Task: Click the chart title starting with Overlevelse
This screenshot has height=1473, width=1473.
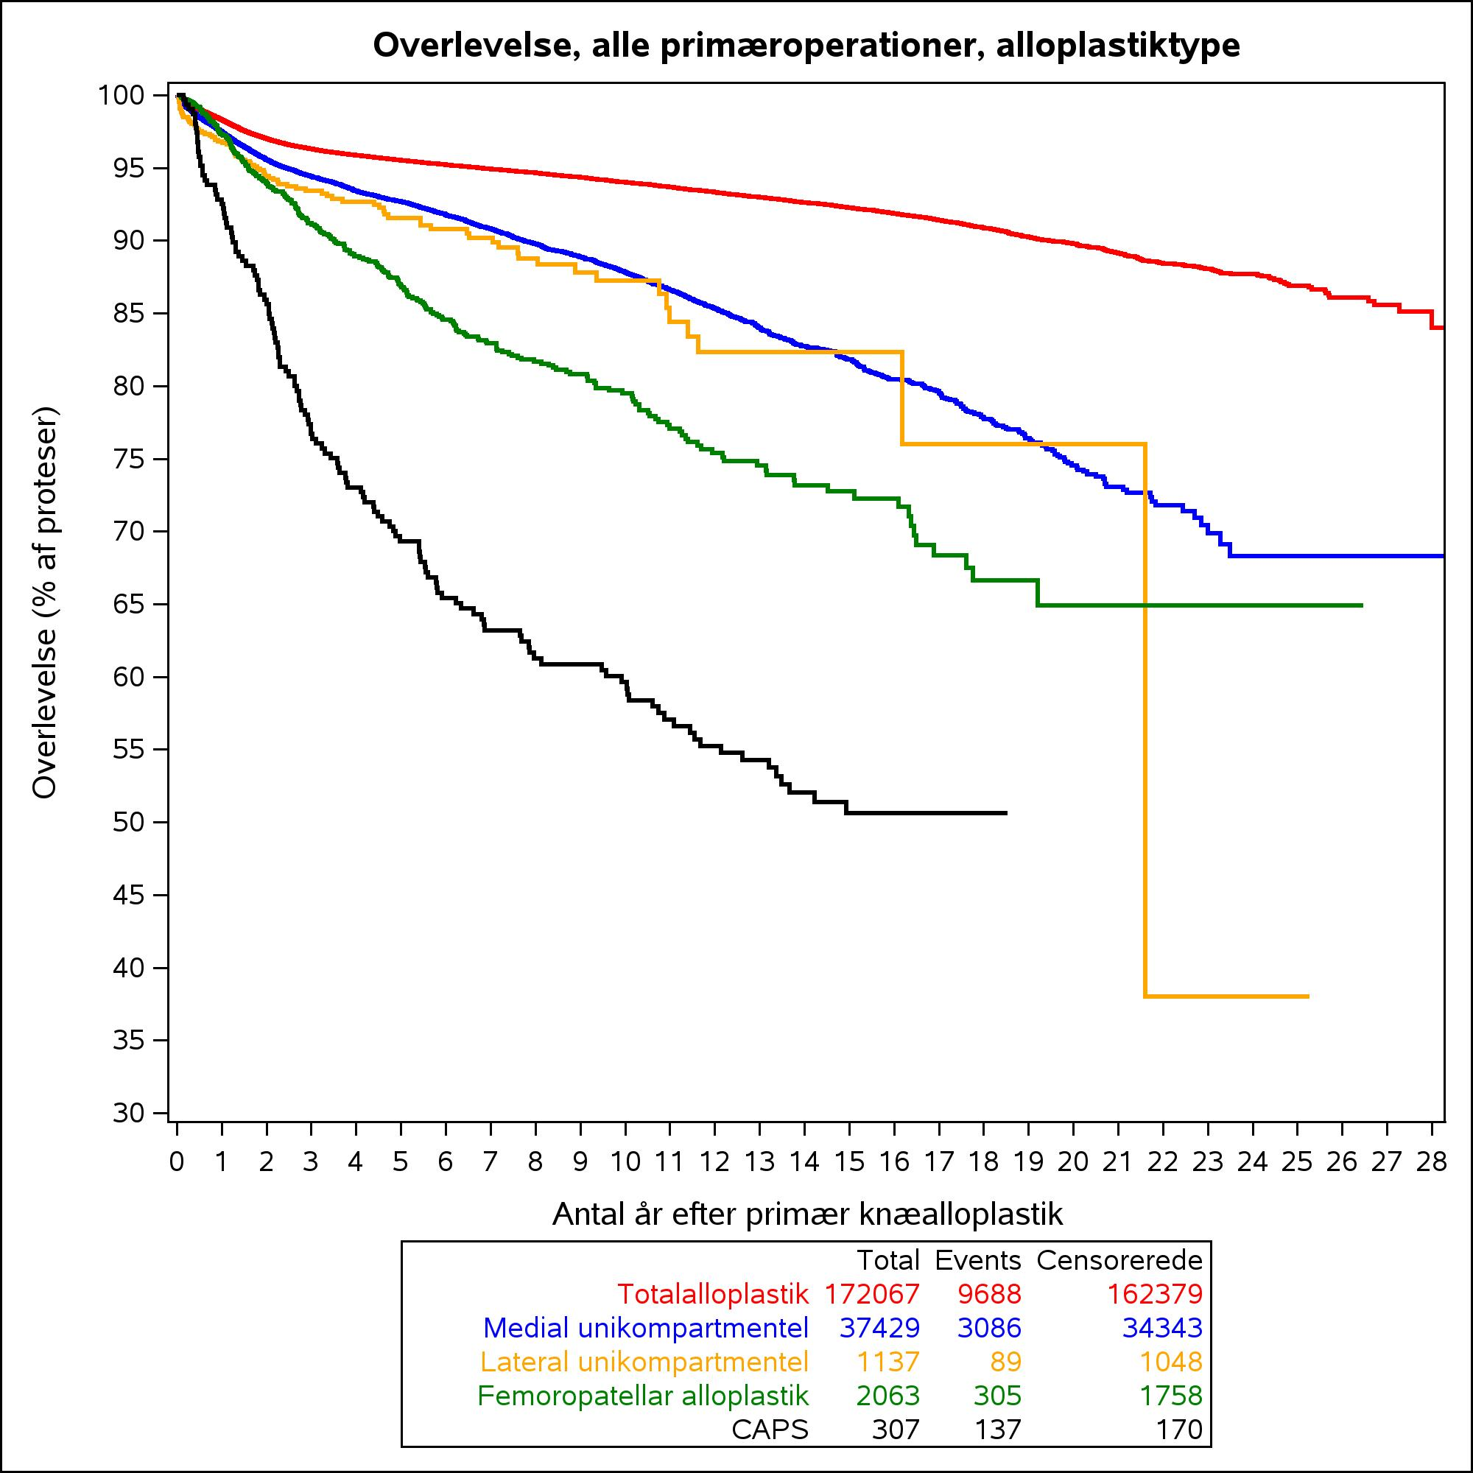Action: (806, 46)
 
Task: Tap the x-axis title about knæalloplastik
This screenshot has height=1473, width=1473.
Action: (807, 1213)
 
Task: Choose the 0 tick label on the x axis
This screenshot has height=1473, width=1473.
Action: (177, 1162)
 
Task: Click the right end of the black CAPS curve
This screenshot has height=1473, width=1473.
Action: (1006, 813)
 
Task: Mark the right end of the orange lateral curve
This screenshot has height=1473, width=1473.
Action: (1308, 996)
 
